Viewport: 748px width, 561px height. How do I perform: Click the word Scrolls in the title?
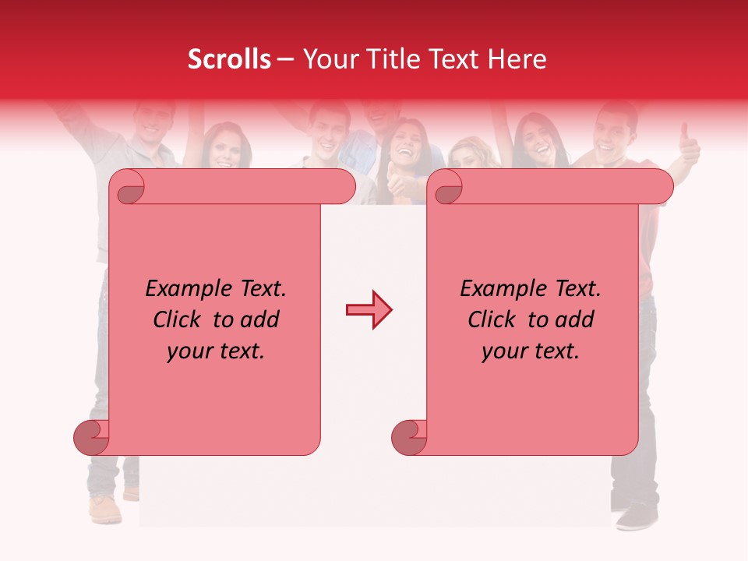pyautogui.click(x=229, y=59)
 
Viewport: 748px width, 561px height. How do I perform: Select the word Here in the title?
pyautogui.click(x=516, y=59)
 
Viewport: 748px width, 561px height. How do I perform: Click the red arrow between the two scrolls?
pyautogui.click(x=369, y=310)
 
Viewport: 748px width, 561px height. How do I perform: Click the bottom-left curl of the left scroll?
pyautogui.click(x=91, y=437)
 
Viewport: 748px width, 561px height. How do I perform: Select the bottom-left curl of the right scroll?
pyautogui.click(x=409, y=437)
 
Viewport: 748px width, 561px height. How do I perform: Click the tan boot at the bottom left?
pyautogui.click(x=104, y=510)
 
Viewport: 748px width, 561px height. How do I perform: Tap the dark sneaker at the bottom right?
pyautogui.click(x=637, y=516)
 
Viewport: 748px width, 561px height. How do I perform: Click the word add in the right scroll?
pyautogui.click(x=577, y=320)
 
